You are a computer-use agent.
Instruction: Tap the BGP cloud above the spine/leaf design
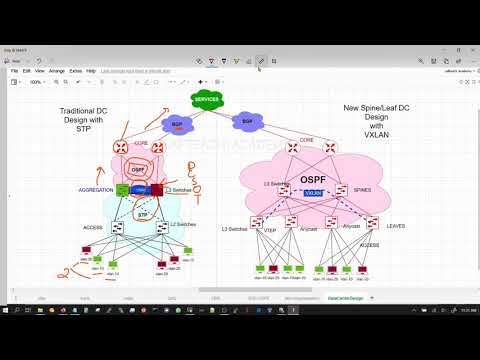point(247,121)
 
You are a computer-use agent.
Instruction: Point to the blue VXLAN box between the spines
point(314,192)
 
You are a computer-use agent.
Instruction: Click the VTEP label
point(269,230)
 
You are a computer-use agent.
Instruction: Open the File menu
point(15,71)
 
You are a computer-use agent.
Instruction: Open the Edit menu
point(26,71)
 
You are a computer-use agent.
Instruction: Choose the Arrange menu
point(56,71)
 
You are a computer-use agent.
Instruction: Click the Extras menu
point(76,71)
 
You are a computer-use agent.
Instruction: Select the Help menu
point(91,71)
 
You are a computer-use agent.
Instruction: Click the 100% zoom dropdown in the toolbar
point(36,82)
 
